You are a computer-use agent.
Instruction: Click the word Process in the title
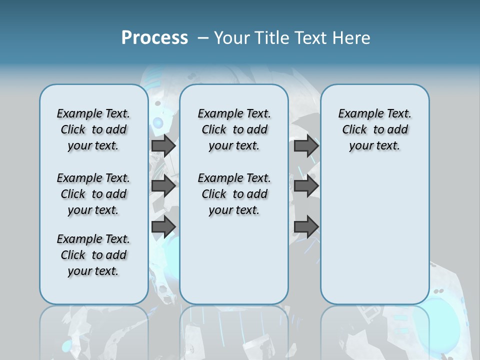[154, 38]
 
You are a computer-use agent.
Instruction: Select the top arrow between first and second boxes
[163, 145]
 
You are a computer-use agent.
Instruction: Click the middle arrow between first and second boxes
[163, 186]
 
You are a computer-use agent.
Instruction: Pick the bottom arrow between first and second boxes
[163, 227]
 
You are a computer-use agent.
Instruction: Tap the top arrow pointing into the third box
[306, 145]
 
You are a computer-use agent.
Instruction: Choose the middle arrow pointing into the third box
[306, 186]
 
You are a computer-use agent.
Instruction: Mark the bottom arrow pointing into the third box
[306, 227]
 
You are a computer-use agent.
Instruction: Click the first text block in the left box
[93, 129]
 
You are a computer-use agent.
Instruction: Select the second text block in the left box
[93, 194]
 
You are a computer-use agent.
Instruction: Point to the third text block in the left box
[93, 255]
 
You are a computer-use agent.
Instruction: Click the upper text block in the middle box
[234, 129]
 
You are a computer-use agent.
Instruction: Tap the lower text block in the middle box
[234, 194]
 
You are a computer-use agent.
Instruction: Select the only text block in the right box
[374, 129]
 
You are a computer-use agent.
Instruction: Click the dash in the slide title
[203, 38]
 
